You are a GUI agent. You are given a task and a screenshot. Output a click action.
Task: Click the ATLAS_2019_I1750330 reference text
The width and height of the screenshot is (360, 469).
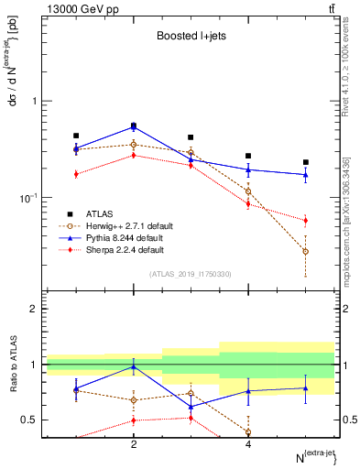click(x=190, y=273)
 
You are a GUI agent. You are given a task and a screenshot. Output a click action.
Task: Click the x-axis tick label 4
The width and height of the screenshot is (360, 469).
click(x=248, y=444)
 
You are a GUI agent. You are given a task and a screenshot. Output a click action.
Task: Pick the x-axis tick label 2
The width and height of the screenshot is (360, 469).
click(x=134, y=444)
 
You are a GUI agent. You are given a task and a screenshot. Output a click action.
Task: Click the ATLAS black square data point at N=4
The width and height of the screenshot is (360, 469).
click(x=248, y=156)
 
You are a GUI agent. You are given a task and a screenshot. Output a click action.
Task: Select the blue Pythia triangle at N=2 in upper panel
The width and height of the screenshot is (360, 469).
click(x=134, y=126)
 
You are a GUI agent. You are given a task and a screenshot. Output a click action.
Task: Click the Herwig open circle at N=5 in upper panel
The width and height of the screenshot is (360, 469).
click(x=305, y=251)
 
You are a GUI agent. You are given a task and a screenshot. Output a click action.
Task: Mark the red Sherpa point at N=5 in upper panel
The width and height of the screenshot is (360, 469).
click(x=305, y=220)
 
